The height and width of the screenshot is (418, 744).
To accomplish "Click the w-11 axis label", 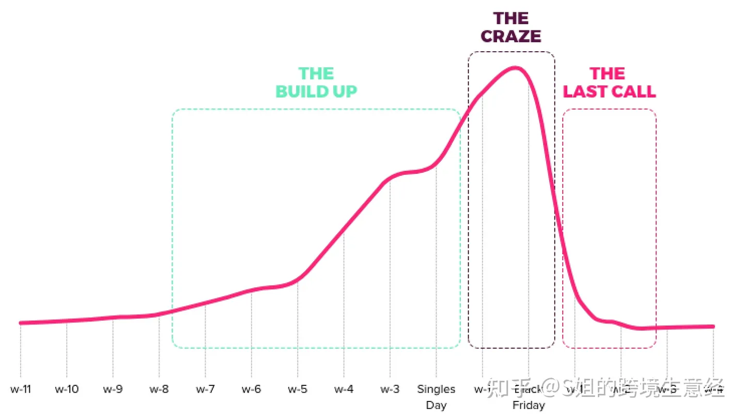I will tap(21, 389).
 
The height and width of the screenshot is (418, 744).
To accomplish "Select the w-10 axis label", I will tap(67, 389).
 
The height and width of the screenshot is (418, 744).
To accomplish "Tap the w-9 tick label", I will tap(113, 389).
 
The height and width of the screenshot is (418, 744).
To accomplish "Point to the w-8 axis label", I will tap(159, 389).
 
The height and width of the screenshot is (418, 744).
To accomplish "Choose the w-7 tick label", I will tap(205, 389).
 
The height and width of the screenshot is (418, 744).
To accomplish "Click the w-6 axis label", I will tap(251, 389).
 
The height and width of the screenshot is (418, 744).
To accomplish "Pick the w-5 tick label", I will tap(297, 389).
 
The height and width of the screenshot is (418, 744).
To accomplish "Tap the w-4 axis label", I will tap(344, 389).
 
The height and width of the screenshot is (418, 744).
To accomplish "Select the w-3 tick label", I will tap(390, 389).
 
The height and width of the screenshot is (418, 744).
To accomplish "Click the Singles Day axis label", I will tap(436, 397).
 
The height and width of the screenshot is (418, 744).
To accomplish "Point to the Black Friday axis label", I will tap(528, 397).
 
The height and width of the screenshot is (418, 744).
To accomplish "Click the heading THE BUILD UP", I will tap(316, 82).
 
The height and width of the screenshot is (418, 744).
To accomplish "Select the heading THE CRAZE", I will tap(510, 27).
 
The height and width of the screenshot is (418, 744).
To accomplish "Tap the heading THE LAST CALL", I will tap(609, 82).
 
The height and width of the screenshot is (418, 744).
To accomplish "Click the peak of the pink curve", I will tap(514, 68).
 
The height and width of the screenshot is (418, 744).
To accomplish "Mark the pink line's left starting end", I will tap(21, 323).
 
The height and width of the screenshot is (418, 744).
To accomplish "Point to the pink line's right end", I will tap(714, 326).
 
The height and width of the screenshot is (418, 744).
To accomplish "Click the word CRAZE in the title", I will tap(510, 37).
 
